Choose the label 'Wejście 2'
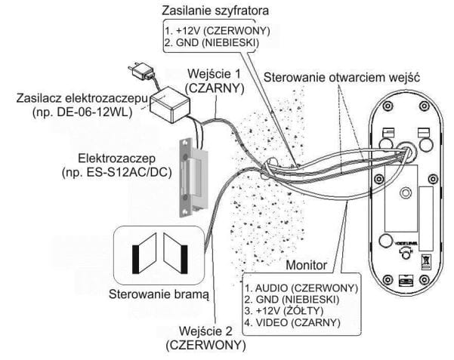[x=207, y=331]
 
